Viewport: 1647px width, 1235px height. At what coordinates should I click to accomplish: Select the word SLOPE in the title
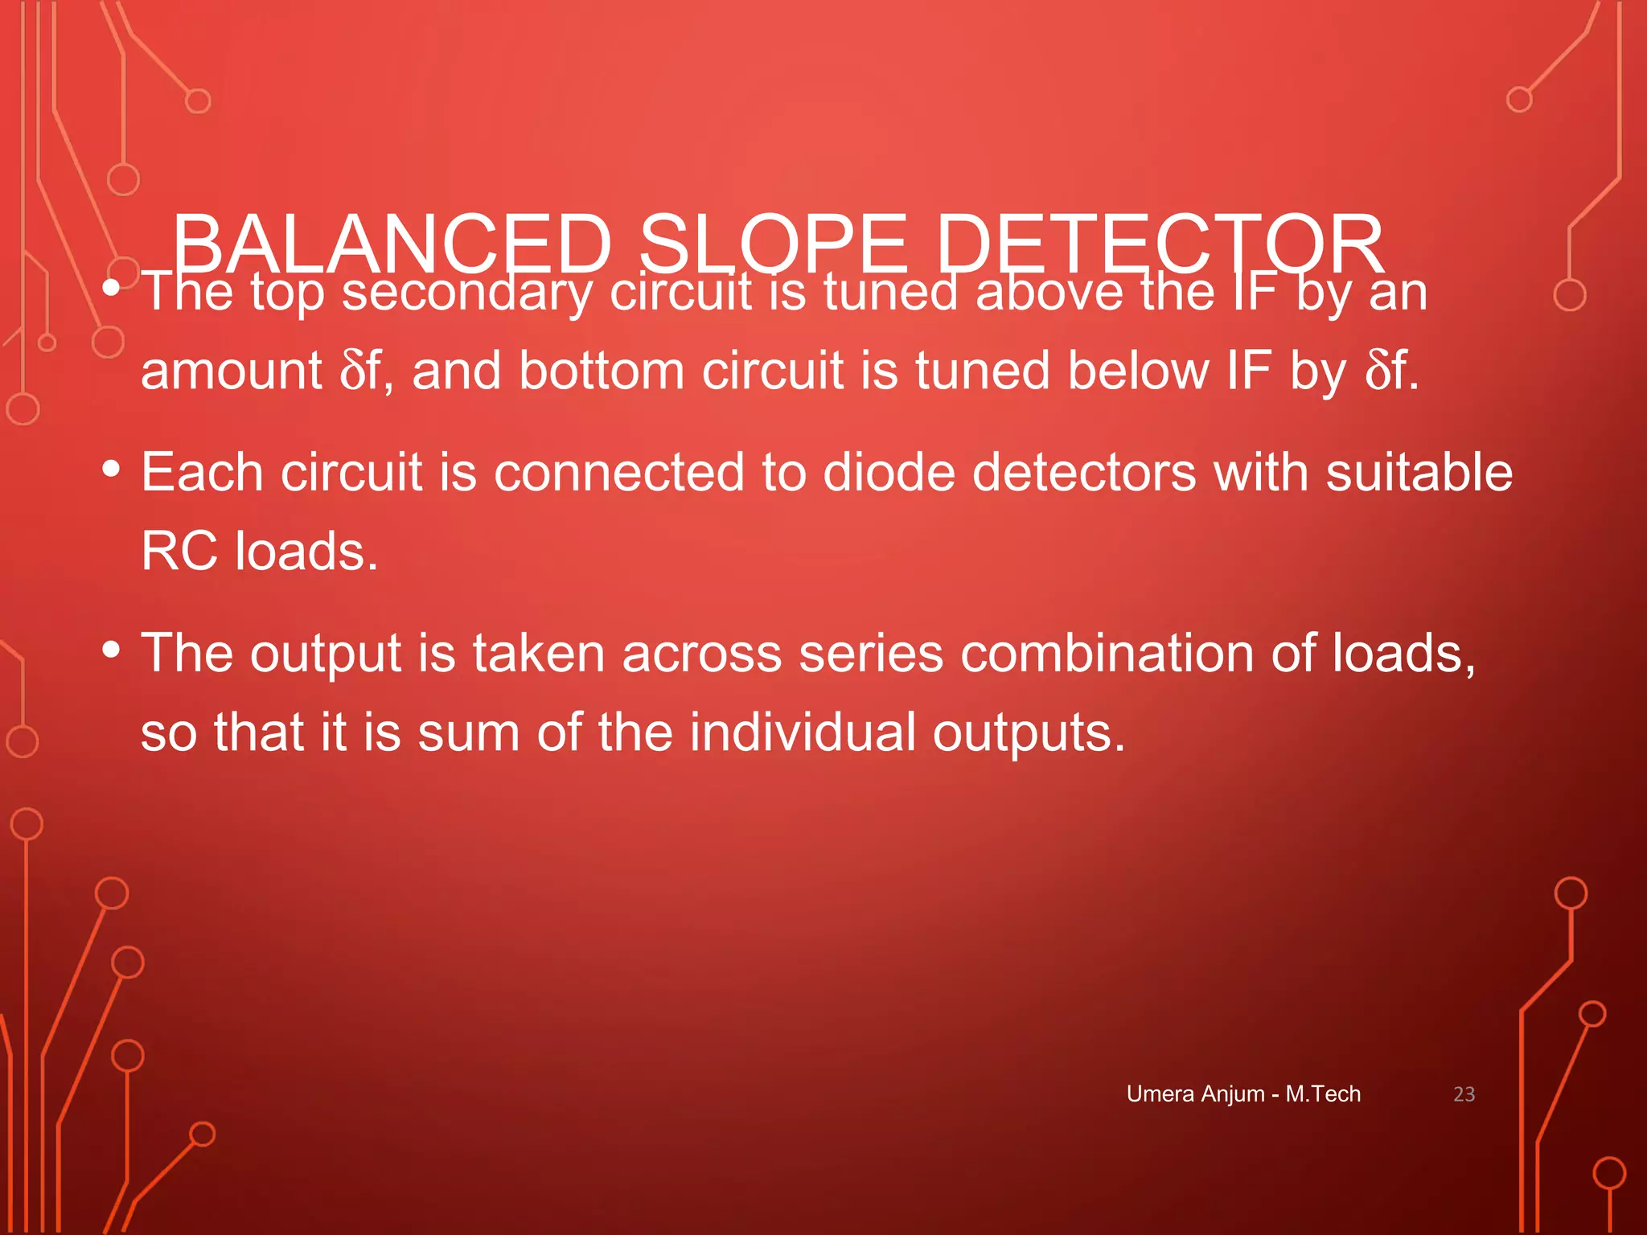coord(773,244)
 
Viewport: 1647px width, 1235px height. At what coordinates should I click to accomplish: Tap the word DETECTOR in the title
coord(1160,244)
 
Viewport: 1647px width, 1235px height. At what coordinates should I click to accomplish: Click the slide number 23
coord(1464,1094)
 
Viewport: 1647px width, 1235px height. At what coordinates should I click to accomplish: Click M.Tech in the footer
coord(1323,1094)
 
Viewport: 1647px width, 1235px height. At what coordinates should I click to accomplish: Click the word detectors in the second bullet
coord(1084,472)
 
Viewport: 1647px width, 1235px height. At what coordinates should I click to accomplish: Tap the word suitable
coord(1419,472)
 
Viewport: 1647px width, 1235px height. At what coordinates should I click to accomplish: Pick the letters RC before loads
coord(179,552)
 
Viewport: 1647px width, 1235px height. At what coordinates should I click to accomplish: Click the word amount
coord(232,371)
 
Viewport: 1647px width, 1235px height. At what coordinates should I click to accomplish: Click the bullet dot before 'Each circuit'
coord(112,467)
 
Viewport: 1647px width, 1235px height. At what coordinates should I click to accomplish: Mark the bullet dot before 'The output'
coord(112,648)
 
